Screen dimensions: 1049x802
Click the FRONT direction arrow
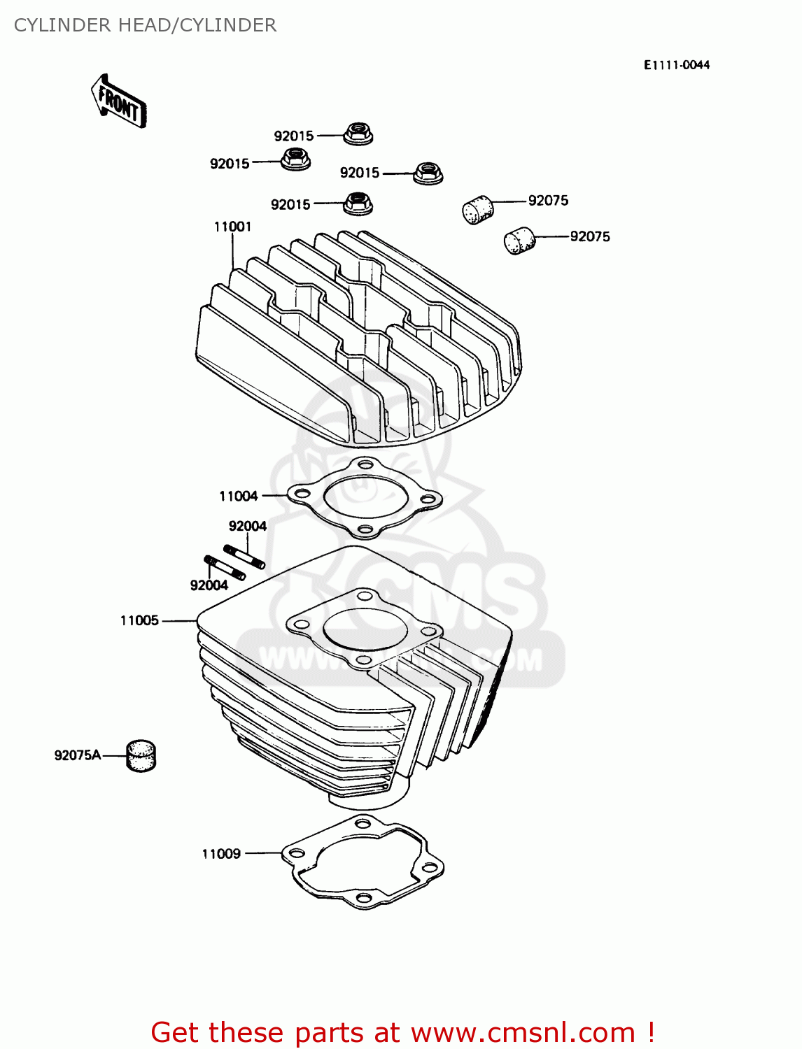tap(119, 102)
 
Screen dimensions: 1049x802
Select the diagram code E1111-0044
tap(676, 65)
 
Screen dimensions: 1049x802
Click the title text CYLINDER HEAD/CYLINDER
tap(145, 25)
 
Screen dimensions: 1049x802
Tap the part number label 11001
tap(232, 227)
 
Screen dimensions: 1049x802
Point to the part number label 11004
tap(238, 496)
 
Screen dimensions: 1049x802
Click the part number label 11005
tap(139, 620)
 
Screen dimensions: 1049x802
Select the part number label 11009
tap(221, 853)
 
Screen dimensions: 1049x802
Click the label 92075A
tap(77, 755)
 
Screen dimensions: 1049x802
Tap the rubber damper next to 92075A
tap(141, 756)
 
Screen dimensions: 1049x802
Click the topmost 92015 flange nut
tap(358, 133)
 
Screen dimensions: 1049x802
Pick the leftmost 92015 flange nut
tap(295, 159)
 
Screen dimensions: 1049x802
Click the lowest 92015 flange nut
tap(358, 204)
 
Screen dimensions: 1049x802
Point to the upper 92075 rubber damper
tap(478, 209)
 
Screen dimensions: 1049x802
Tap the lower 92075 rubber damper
tap(519, 241)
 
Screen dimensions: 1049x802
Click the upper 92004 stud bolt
tap(244, 556)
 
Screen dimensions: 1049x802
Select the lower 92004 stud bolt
tap(225, 567)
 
